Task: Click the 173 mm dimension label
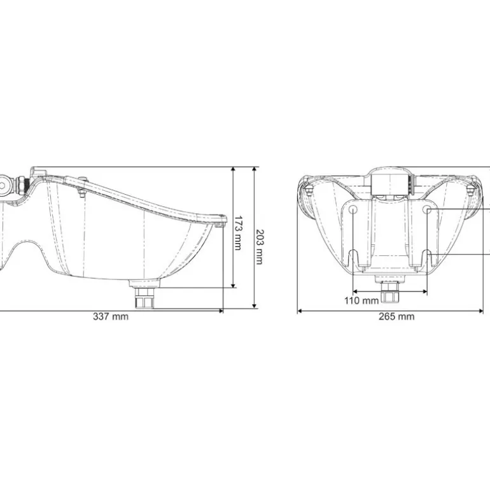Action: [x=238, y=233]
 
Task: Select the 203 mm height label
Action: [x=260, y=247]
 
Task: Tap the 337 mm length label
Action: [x=111, y=316]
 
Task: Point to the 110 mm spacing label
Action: [x=361, y=300]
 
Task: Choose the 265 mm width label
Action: [x=396, y=316]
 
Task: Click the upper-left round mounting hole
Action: [x=353, y=209]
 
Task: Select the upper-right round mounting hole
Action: [x=427, y=209]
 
